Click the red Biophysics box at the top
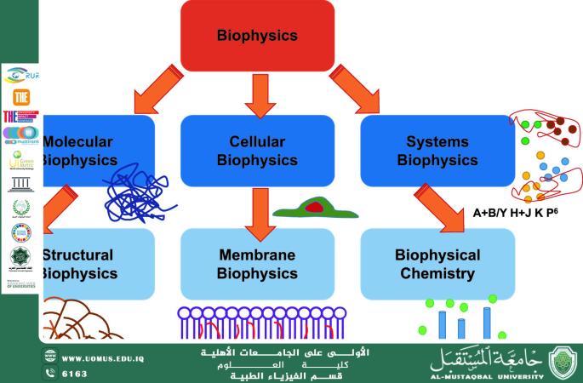(257, 36)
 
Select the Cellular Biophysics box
(257, 149)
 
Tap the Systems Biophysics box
(437, 149)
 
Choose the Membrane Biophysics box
(257, 263)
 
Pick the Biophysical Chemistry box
(437, 263)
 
